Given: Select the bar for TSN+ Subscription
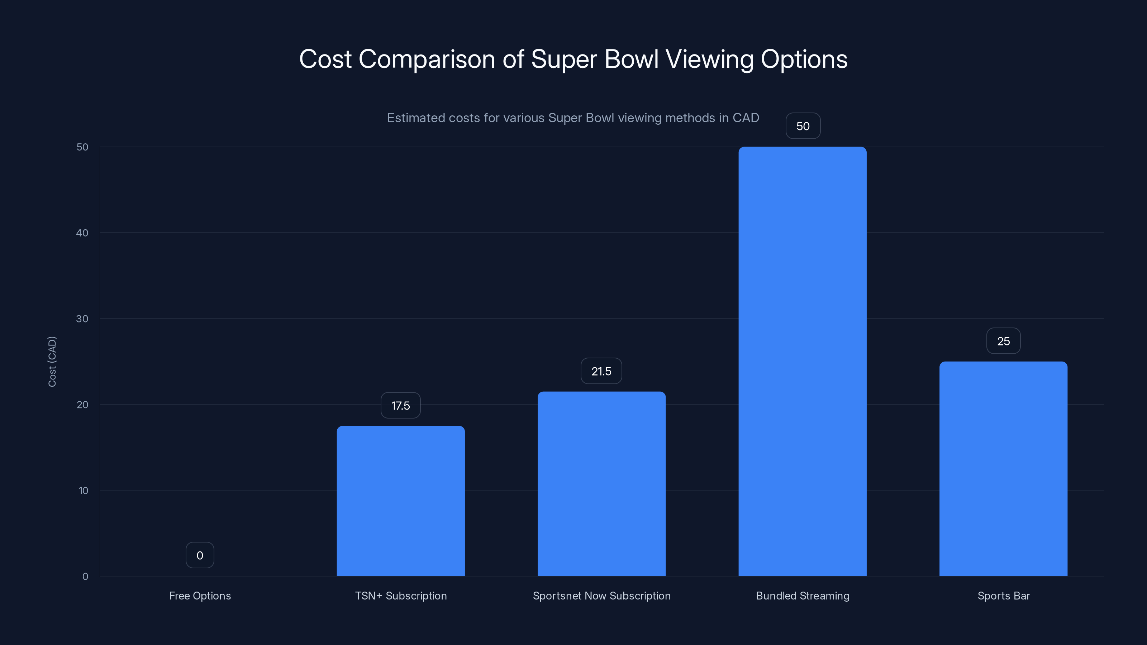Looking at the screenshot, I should pyautogui.click(x=400, y=501).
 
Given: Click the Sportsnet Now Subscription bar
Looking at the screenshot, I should pyautogui.click(x=601, y=484).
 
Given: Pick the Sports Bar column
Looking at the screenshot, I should pyautogui.click(x=1003, y=469).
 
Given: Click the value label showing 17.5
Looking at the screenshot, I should pyautogui.click(x=400, y=406).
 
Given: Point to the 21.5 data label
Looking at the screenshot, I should pyautogui.click(x=601, y=371).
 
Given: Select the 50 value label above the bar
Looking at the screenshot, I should pyautogui.click(x=803, y=126).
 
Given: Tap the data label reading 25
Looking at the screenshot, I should pyautogui.click(x=1003, y=341).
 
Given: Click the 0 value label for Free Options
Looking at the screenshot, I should pyautogui.click(x=200, y=555).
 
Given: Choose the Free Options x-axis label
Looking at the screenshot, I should pyautogui.click(x=200, y=596).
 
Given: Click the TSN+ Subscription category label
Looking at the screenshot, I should pyautogui.click(x=401, y=596).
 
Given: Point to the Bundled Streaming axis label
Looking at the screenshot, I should pyautogui.click(x=803, y=596).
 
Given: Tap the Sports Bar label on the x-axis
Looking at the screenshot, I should pyautogui.click(x=1003, y=596).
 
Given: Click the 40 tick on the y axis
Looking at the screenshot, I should pyautogui.click(x=82, y=233).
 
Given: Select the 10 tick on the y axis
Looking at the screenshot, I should pyautogui.click(x=83, y=491).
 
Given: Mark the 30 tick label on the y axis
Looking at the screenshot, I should pyautogui.click(x=82, y=319).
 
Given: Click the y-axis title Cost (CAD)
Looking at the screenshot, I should pyautogui.click(x=52, y=362).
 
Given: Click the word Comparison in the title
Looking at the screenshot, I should pyautogui.click(x=427, y=59).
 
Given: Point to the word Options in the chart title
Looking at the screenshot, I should pyautogui.click(x=804, y=59).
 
